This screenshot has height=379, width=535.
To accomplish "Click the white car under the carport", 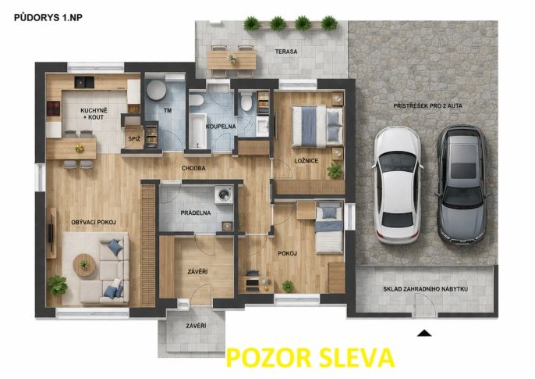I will (397, 184).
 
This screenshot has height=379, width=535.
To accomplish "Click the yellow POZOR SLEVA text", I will (310, 358).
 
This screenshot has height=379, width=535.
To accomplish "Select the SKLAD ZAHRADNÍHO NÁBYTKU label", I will (425, 289).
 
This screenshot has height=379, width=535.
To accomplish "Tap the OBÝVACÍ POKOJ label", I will (93, 223).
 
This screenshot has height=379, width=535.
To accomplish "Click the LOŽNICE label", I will (306, 160).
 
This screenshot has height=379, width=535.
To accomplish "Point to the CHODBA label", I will (193, 167).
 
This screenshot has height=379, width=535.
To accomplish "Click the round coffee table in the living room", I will (83, 266).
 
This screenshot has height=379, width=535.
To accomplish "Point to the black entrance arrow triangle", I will (423, 333).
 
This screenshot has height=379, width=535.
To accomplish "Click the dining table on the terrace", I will (232, 56).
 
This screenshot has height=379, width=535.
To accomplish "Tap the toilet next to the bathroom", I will (246, 102).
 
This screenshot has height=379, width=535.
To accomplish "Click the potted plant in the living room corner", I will (57, 285).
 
